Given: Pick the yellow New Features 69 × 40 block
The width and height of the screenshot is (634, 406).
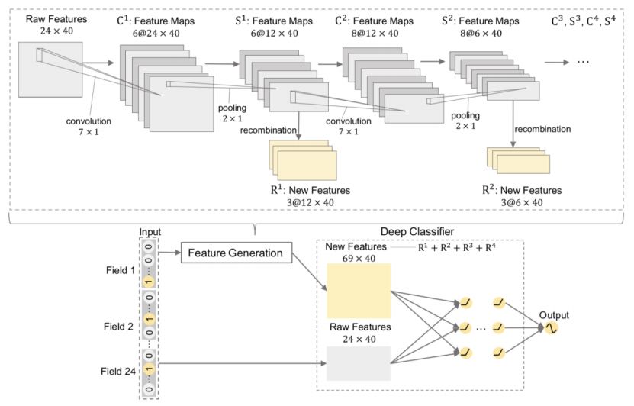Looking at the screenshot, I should tap(358, 291).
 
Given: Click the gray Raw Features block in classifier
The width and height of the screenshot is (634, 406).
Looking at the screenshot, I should tap(358, 363).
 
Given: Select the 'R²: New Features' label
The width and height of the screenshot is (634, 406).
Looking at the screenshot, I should tap(521, 189).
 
